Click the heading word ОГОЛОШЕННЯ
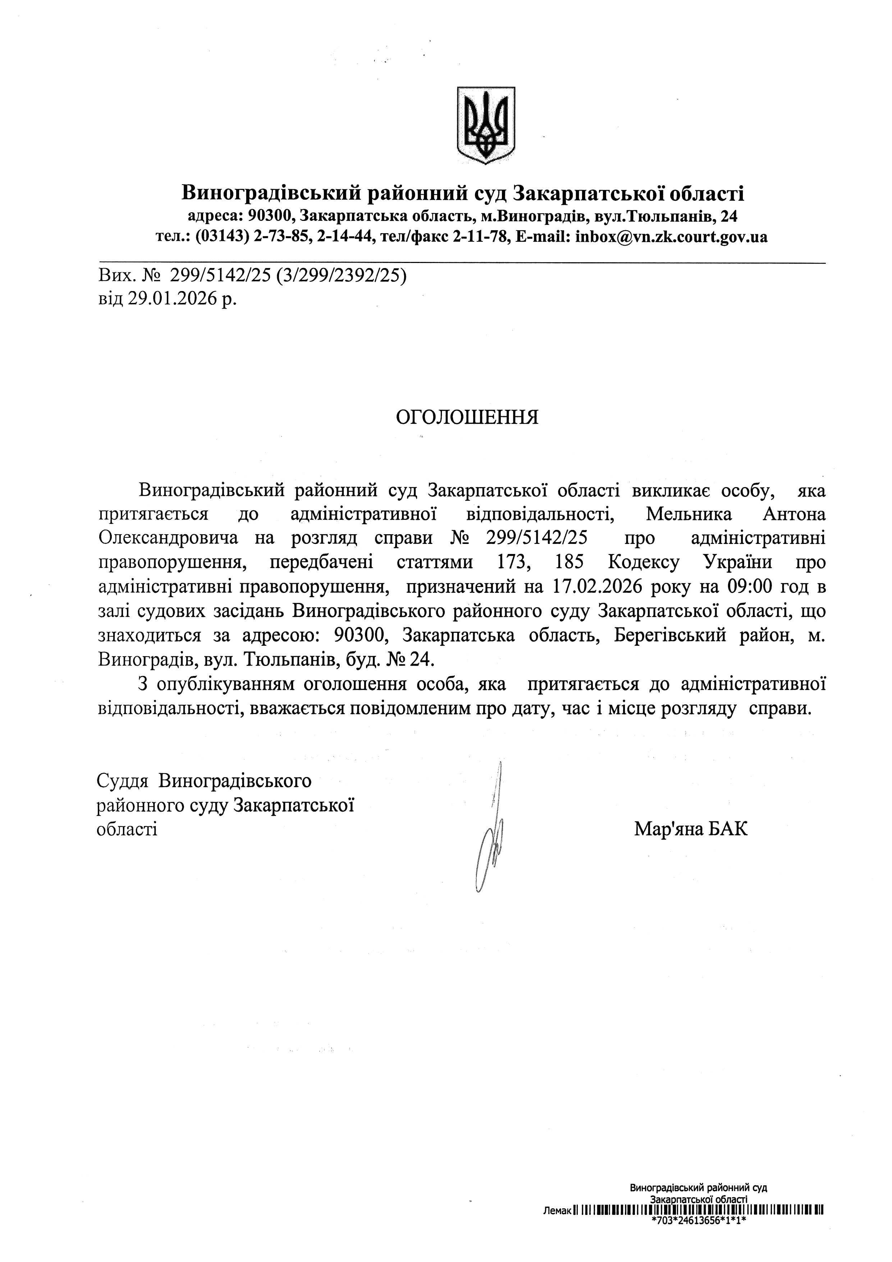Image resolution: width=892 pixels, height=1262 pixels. (467, 417)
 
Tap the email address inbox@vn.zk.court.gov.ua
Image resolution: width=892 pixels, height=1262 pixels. (671, 237)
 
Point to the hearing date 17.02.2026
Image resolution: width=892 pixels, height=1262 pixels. (595, 587)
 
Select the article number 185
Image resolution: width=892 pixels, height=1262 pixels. (571, 563)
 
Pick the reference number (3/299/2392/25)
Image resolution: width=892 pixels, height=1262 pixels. (342, 275)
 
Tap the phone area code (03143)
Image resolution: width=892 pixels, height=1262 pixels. (224, 237)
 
